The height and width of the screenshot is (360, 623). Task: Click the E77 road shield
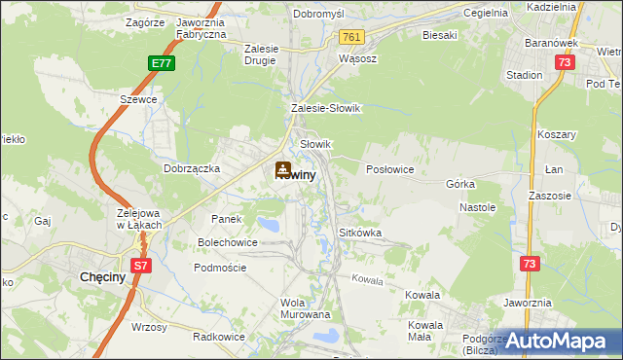click(163, 63)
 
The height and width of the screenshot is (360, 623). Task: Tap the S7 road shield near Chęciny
click(140, 265)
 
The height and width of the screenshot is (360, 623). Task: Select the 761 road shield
click(352, 37)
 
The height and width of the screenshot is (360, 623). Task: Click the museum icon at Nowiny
click(283, 168)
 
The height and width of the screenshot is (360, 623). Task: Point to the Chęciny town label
click(99, 277)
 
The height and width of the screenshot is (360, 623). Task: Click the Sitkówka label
click(359, 234)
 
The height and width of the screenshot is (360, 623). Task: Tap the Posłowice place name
click(390, 169)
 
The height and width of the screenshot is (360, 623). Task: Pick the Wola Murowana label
click(306, 308)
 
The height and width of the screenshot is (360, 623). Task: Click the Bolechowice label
click(228, 241)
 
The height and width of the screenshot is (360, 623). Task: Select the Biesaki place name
click(439, 35)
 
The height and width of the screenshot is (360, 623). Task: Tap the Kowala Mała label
click(426, 331)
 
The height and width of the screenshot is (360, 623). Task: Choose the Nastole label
click(478, 207)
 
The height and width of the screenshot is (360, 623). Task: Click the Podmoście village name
click(220, 268)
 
